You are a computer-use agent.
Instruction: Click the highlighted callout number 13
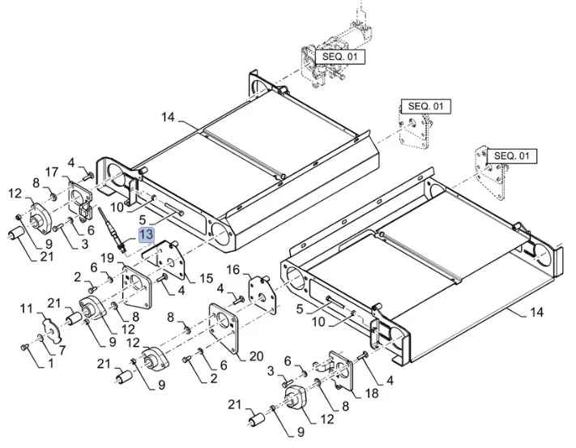pos(146,235)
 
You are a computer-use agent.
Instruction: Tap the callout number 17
pos(52,172)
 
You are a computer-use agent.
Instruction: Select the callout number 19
pos(107,258)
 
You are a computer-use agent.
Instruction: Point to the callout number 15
pos(206,279)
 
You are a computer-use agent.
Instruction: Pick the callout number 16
pos(233,269)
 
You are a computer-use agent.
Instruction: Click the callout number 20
pos(257,356)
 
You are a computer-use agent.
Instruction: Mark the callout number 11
pos(26,308)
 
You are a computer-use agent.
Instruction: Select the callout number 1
pos(51,365)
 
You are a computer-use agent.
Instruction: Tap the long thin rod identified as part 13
pos(111,228)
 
